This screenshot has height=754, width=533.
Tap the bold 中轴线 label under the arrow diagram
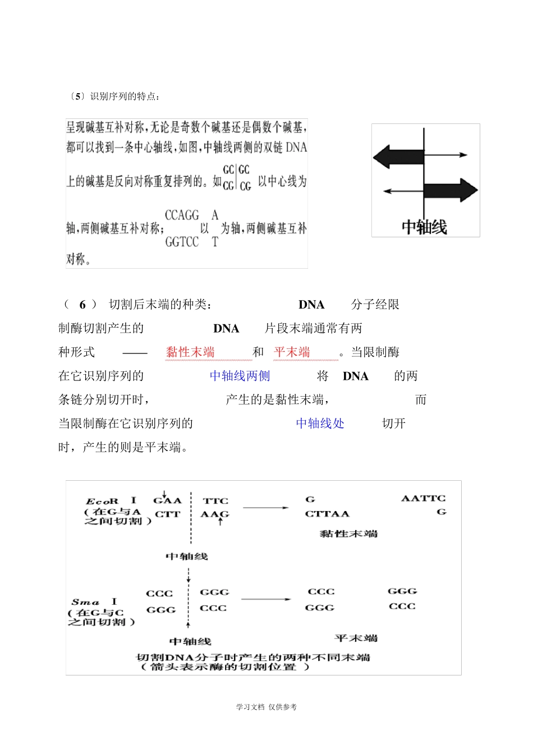coord(424,227)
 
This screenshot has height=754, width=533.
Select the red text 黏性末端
coord(190,352)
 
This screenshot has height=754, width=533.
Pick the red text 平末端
coord(292,352)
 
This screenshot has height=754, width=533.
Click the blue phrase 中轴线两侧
coord(240,376)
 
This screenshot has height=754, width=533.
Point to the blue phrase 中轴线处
coord(320,423)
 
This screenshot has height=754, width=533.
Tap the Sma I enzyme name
coord(94,602)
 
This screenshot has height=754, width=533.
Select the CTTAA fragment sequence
coord(327,513)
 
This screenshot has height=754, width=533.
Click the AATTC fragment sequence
coord(424,498)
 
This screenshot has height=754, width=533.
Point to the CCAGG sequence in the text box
coord(182,215)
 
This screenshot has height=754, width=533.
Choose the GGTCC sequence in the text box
coord(182,242)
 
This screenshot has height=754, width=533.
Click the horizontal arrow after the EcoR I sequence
coord(265,508)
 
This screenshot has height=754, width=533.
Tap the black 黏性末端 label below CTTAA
coord(348,534)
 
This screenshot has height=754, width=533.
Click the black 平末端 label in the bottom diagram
coord(356,638)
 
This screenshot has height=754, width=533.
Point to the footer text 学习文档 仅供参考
coord(266,707)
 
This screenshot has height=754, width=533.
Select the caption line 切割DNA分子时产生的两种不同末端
coord(253,657)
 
